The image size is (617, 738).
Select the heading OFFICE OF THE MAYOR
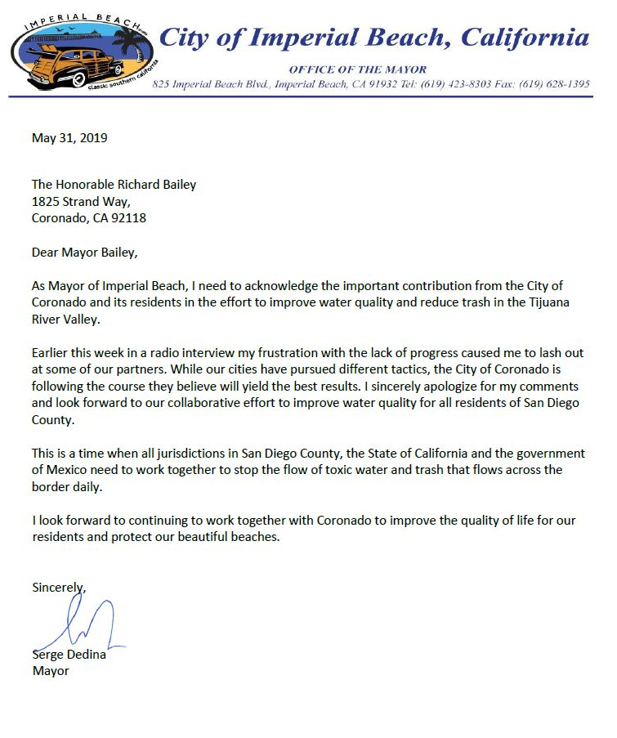358,69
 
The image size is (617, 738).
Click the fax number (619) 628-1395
555,84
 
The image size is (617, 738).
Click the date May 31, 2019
69,137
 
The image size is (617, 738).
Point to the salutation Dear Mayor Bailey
85,253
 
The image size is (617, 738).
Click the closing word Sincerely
58,587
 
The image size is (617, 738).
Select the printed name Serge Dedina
69,655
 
